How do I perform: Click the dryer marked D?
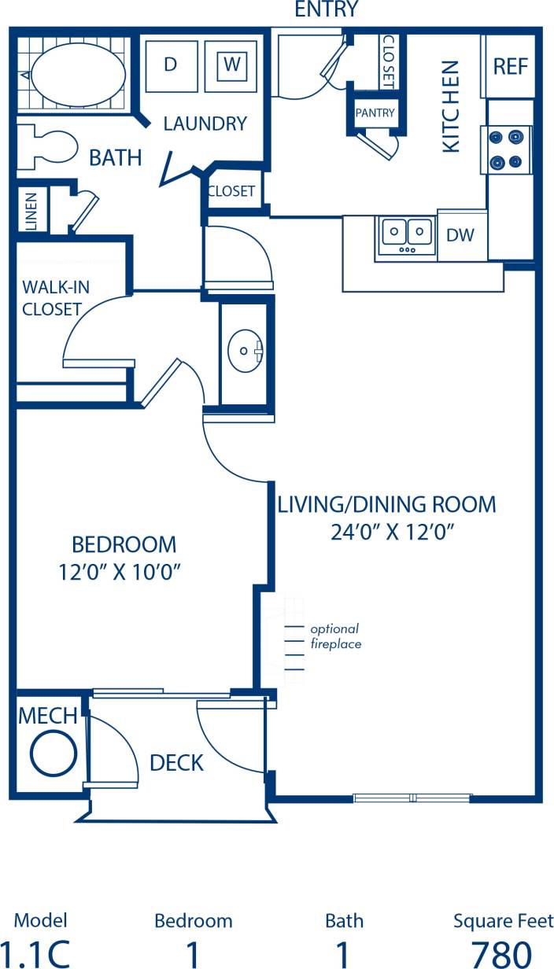(170, 65)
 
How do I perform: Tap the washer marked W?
(231, 65)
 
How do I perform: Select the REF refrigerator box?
(510, 66)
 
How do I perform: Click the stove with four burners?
(505, 149)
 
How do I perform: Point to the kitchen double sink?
(407, 234)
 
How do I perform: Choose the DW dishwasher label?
(460, 234)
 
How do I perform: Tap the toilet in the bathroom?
(47, 148)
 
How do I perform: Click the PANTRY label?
(375, 112)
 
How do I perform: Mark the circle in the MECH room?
(54, 751)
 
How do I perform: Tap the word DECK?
(176, 762)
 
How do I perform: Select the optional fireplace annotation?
(334, 636)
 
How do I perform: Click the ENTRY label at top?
(325, 9)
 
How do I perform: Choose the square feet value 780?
(502, 953)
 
